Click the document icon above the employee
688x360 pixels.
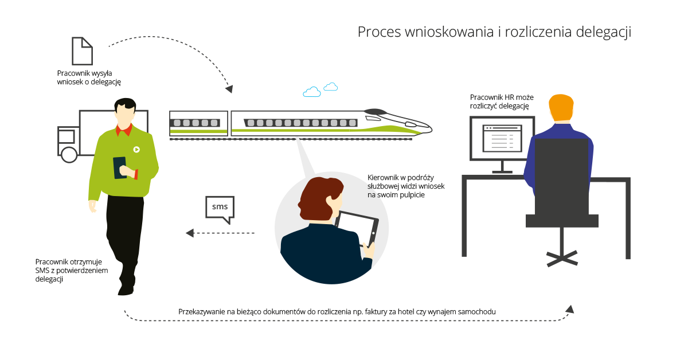click(x=82, y=51)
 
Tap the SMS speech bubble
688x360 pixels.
click(x=220, y=207)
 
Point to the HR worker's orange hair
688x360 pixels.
click(x=561, y=107)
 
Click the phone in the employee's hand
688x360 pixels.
click(x=120, y=167)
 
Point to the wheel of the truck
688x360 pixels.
click(x=69, y=154)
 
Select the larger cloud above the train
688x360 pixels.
click(x=312, y=92)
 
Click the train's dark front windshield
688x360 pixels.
click(x=376, y=111)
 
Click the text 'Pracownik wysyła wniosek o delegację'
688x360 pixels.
click(x=89, y=77)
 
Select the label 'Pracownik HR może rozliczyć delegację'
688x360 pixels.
click(x=499, y=101)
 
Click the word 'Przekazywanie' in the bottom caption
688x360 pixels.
click(x=201, y=311)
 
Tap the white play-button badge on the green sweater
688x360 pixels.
click(x=136, y=150)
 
